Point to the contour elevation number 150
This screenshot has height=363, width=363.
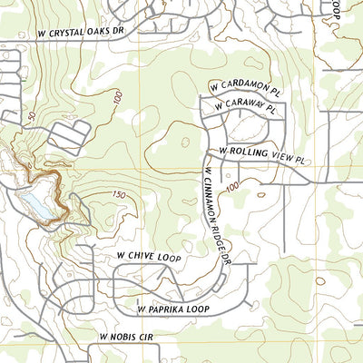[x=118, y=195]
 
